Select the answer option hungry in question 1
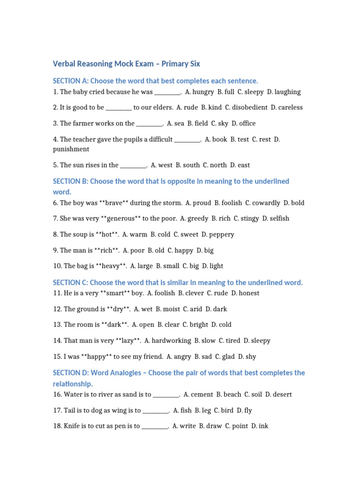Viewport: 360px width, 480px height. point(203,92)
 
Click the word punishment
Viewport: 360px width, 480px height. point(71,149)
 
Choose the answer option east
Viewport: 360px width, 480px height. point(244,165)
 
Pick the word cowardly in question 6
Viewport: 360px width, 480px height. point(265,203)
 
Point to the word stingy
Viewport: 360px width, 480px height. point(249,218)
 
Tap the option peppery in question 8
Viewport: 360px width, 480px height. point(221,234)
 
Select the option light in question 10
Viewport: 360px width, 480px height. point(217,266)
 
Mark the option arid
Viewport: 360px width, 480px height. point(195,309)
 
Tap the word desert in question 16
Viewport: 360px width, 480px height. point(282,395)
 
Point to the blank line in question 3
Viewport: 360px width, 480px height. point(149,124)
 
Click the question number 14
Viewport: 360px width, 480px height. point(57,341)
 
